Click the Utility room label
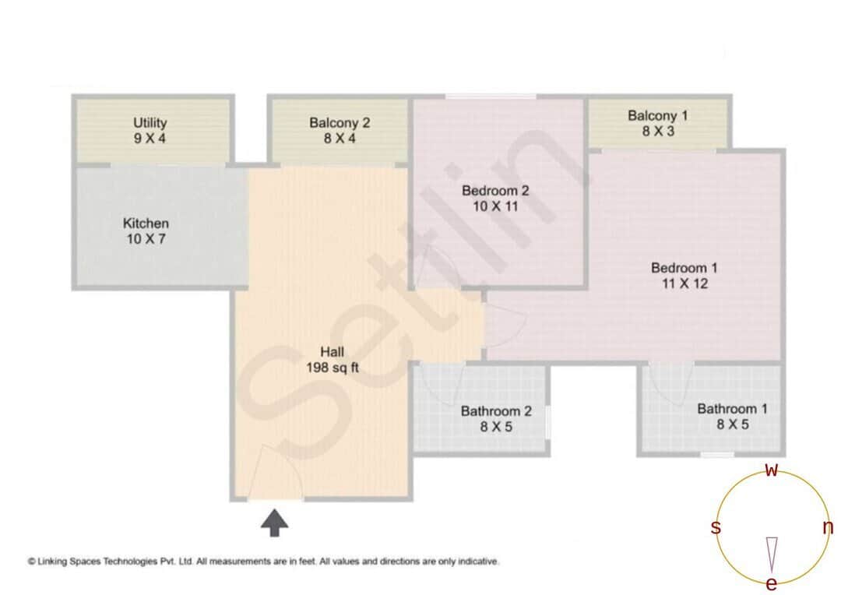(150, 123)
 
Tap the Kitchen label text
(146, 224)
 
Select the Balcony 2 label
(339, 122)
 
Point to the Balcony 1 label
(658, 116)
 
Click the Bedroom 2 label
(495, 191)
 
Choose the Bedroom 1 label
(684, 268)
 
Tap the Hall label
(332, 351)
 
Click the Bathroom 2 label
(496, 410)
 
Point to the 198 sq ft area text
(333, 368)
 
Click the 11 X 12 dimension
(684, 284)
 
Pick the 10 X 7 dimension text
(146, 240)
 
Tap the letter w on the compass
(772, 470)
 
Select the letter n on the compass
(828, 527)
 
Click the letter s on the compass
(716, 527)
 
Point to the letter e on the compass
(772, 583)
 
